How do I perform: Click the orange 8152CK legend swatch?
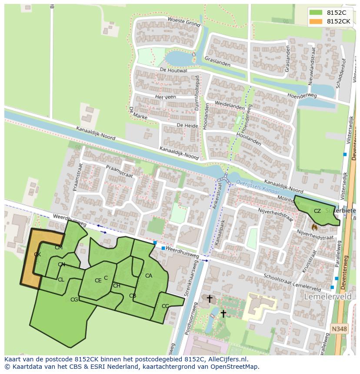coord(316,21)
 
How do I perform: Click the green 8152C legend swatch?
coord(316,13)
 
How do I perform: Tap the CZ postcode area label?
coord(317,211)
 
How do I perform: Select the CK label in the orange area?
coord(37,255)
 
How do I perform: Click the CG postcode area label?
coord(74,299)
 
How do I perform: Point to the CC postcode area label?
coord(165,306)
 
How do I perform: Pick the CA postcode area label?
coord(149,276)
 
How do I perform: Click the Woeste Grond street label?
coord(183,21)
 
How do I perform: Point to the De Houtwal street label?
coord(173,70)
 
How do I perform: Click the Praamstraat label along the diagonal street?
coord(119,171)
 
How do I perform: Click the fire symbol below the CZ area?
coord(314,227)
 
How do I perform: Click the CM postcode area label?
coord(59,248)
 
